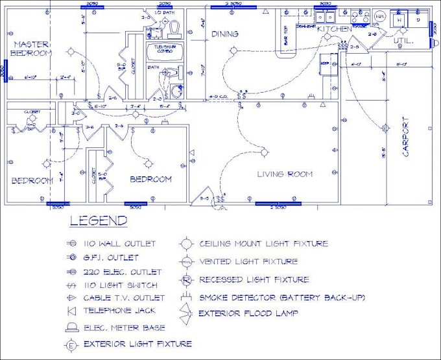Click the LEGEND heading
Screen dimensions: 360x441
(x=99, y=221)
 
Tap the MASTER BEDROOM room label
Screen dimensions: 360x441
(x=32, y=48)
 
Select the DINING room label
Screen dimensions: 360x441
(x=224, y=34)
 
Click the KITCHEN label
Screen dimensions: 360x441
(x=334, y=29)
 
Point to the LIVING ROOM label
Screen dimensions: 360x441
(x=284, y=174)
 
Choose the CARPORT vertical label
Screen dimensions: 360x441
(x=406, y=136)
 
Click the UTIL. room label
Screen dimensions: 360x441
(x=405, y=40)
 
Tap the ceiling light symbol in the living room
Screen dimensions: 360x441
(x=264, y=152)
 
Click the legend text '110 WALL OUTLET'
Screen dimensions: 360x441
(x=119, y=244)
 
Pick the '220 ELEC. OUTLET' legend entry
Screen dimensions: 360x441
(x=122, y=272)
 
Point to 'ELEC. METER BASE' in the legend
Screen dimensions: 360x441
(x=124, y=328)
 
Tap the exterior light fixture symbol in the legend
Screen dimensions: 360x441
(x=71, y=344)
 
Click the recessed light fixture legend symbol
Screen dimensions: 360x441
(x=186, y=280)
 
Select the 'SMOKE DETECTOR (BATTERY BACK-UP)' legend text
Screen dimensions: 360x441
(x=282, y=298)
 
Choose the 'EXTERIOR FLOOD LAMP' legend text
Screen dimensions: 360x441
(x=249, y=314)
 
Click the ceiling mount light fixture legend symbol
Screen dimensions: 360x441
(x=187, y=245)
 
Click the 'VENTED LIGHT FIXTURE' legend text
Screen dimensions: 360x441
(x=248, y=261)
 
